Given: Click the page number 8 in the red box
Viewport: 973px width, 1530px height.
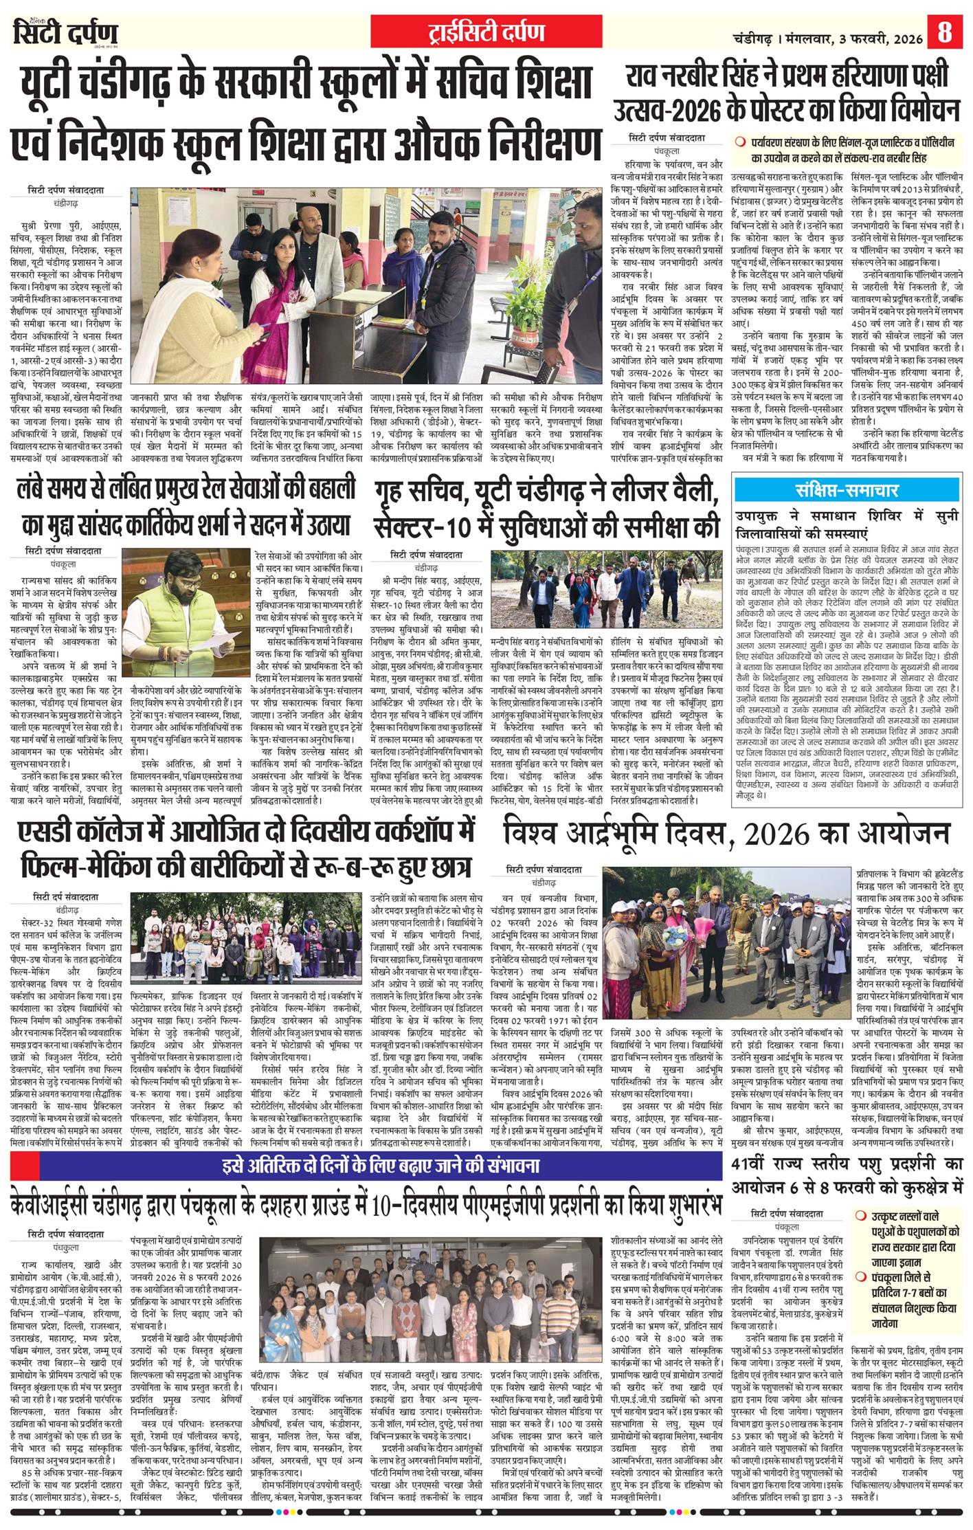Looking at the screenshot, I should (x=945, y=32).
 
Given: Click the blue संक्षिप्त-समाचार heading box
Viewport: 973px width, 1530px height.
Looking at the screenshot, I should (x=847, y=491).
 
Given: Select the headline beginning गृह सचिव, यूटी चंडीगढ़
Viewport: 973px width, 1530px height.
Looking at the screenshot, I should (x=547, y=510).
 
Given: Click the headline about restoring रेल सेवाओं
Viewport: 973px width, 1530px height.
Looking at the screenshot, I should (x=186, y=509).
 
